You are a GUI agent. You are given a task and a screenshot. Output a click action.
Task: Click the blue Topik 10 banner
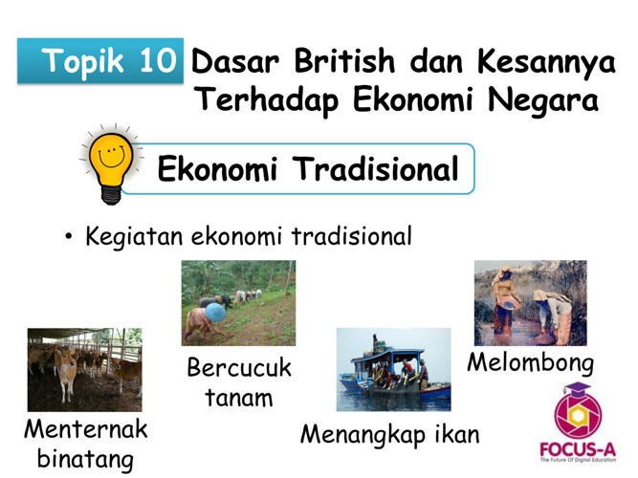click(x=100, y=60)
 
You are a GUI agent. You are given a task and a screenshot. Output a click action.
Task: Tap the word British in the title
click(x=344, y=61)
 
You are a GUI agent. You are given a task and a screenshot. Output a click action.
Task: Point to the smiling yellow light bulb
click(x=111, y=164)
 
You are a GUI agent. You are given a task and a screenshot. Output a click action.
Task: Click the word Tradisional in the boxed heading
click(x=376, y=168)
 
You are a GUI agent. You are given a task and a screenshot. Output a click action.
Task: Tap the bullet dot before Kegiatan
click(x=68, y=237)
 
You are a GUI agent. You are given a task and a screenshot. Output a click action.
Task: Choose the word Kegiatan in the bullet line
click(x=134, y=237)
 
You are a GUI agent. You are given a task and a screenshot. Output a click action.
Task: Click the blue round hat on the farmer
click(x=215, y=313)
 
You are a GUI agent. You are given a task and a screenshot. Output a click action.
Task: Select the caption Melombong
click(x=530, y=363)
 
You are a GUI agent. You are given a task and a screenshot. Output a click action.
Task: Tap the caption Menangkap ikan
click(x=390, y=435)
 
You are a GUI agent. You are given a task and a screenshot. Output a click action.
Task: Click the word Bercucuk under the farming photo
click(x=239, y=367)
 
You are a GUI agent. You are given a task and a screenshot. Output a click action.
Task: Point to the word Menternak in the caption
click(x=86, y=429)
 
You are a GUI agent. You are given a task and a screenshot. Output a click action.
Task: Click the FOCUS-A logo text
click(x=578, y=450)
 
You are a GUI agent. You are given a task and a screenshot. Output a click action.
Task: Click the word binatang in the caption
click(x=85, y=460)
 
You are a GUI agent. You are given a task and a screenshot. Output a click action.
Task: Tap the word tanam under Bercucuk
click(x=239, y=398)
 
